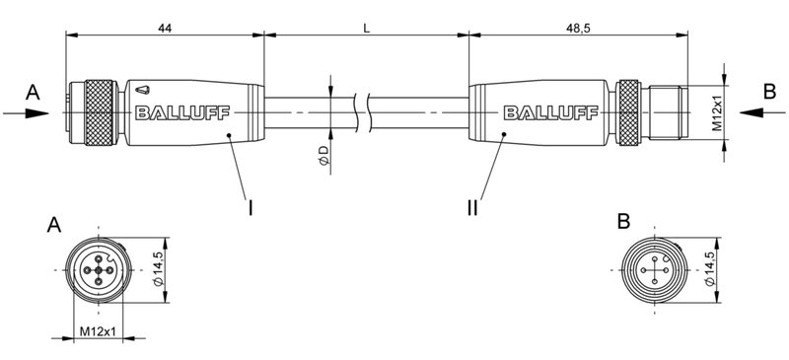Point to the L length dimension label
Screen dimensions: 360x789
click(x=366, y=28)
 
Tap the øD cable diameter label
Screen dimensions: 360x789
click(x=323, y=155)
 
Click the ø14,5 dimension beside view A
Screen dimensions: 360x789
click(x=157, y=269)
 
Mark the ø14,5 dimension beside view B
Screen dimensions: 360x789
click(x=710, y=269)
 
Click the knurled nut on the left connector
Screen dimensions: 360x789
click(x=98, y=112)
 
